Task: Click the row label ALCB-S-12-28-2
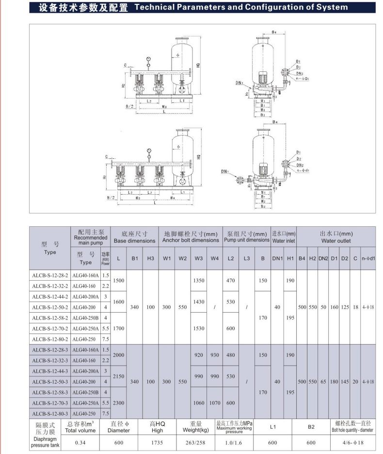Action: click(50, 275)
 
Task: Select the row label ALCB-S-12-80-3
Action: click(50, 413)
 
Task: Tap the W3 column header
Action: click(199, 258)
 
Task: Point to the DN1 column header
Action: click(277, 258)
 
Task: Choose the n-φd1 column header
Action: click(368, 258)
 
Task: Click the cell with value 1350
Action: click(199, 281)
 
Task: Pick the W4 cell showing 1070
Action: click(215, 403)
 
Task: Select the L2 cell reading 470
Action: click(231, 281)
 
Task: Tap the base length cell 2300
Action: click(119, 403)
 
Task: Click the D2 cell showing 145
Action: click(345, 382)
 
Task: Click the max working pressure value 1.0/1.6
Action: click(234, 442)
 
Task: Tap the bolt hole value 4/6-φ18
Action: click(352, 442)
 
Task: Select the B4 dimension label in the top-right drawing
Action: click(274, 33)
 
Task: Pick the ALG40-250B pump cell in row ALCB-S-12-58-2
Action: click(85, 317)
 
